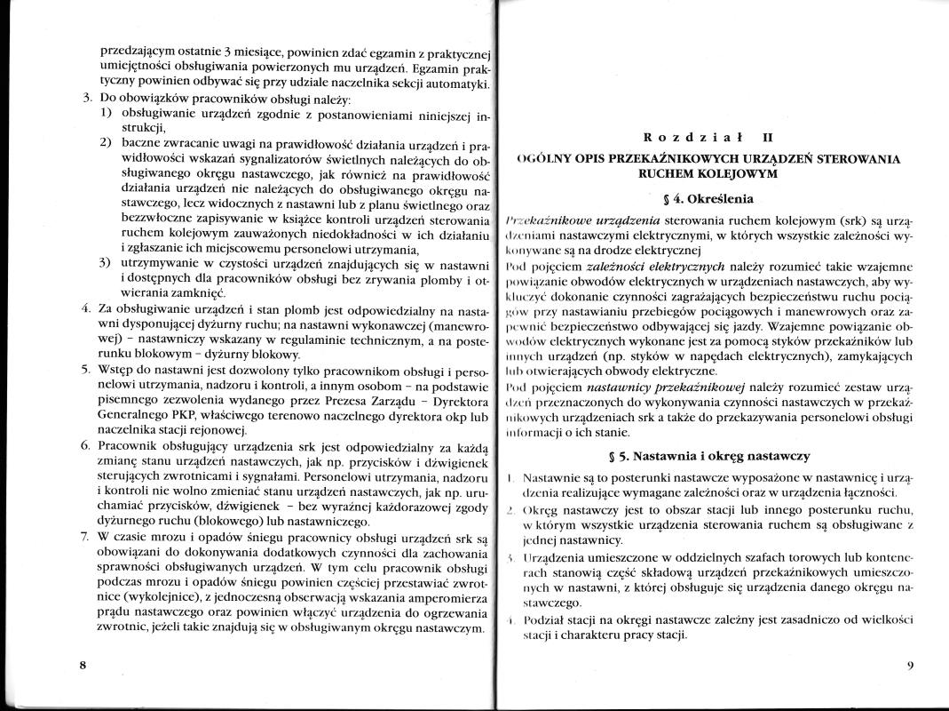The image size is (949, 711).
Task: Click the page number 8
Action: click(82, 666)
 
